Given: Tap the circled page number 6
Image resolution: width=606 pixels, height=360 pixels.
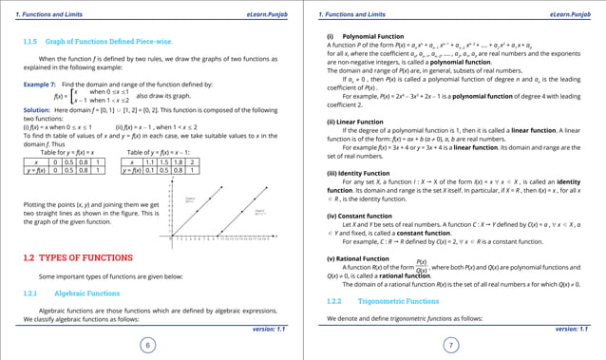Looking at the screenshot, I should coord(147,346).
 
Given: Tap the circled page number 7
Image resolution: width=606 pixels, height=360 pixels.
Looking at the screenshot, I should coord(451,346).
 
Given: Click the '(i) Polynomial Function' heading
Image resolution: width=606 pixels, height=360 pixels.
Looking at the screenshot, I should coord(358,35).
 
